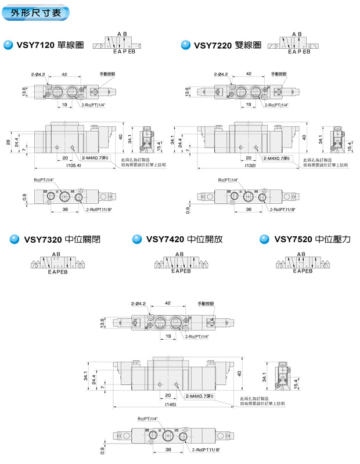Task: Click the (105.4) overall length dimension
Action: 74,166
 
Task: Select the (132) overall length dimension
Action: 251,166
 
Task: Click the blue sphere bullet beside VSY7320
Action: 15,239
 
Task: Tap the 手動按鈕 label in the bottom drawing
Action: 206,303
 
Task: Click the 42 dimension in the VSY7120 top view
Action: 64,74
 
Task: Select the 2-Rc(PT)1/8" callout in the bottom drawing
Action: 206,449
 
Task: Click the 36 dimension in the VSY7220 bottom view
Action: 249,210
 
